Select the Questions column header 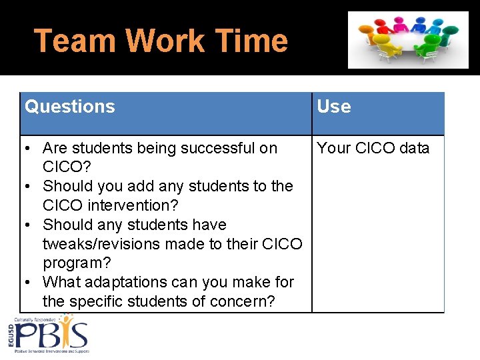tap(70, 107)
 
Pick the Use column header tap(334, 107)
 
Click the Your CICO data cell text tap(373, 148)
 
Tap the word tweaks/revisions tap(114, 244)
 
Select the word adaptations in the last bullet tap(140, 282)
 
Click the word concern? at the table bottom tap(243, 301)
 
